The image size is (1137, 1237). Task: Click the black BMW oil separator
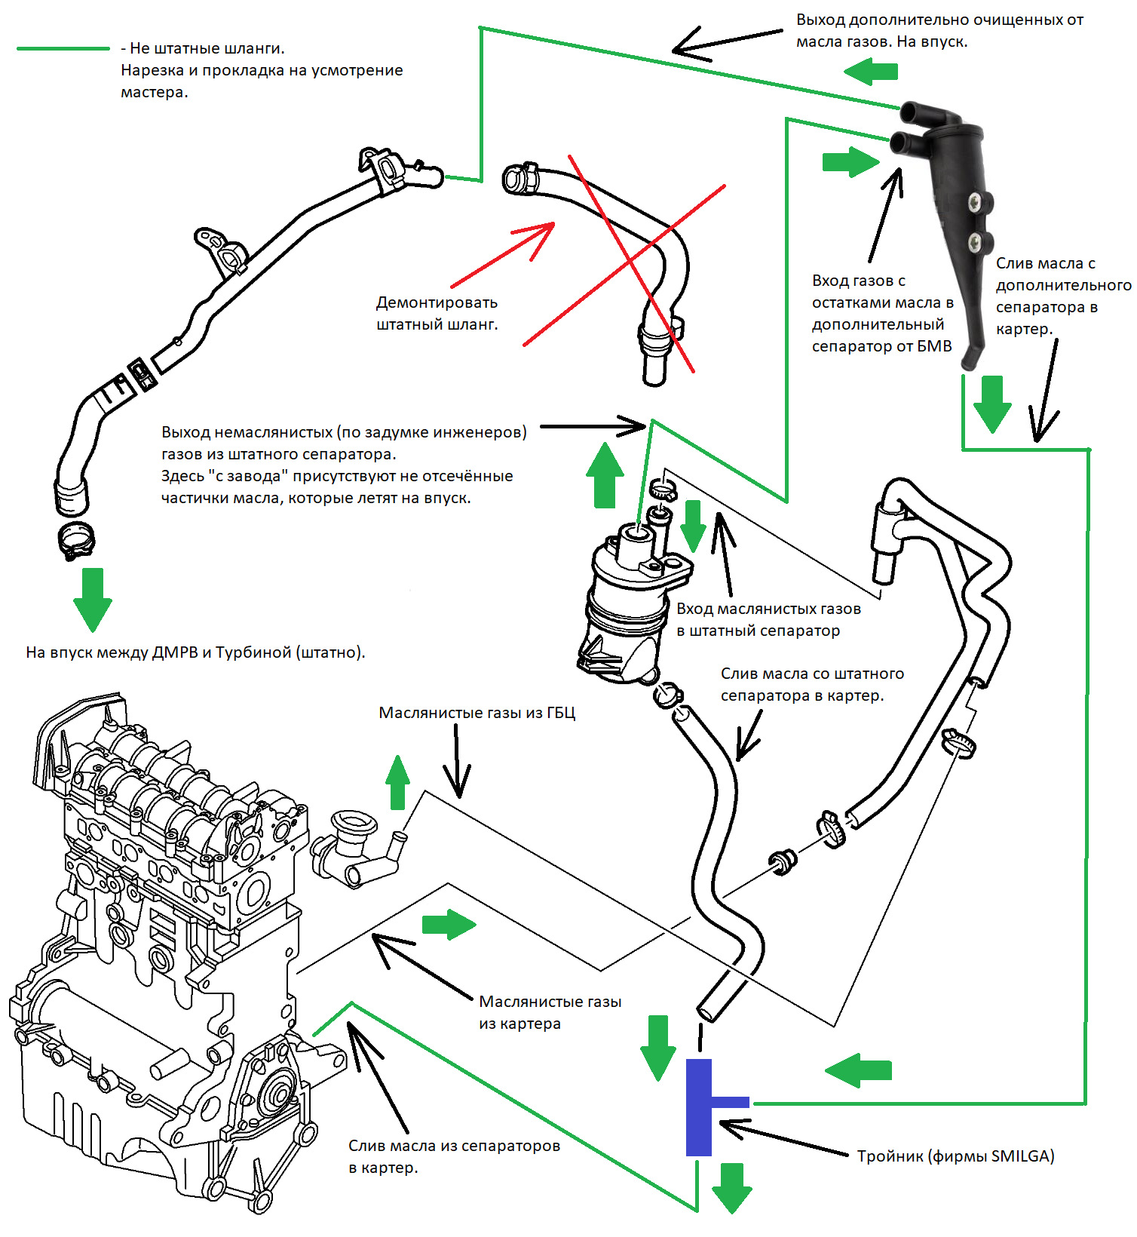(x=953, y=219)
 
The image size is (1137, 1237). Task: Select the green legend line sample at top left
(x=63, y=49)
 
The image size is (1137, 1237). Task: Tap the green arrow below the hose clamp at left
(x=93, y=598)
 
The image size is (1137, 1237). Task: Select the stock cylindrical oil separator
(x=630, y=603)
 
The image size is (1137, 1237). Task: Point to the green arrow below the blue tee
(x=732, y=1187)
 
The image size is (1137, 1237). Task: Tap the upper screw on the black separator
(x=977, y=201)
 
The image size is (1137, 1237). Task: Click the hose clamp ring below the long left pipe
(x=76, y=539)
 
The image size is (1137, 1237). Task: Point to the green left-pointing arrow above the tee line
(x=859, y=1070)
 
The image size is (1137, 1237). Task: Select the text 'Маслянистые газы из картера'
(x=550, y=1012)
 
